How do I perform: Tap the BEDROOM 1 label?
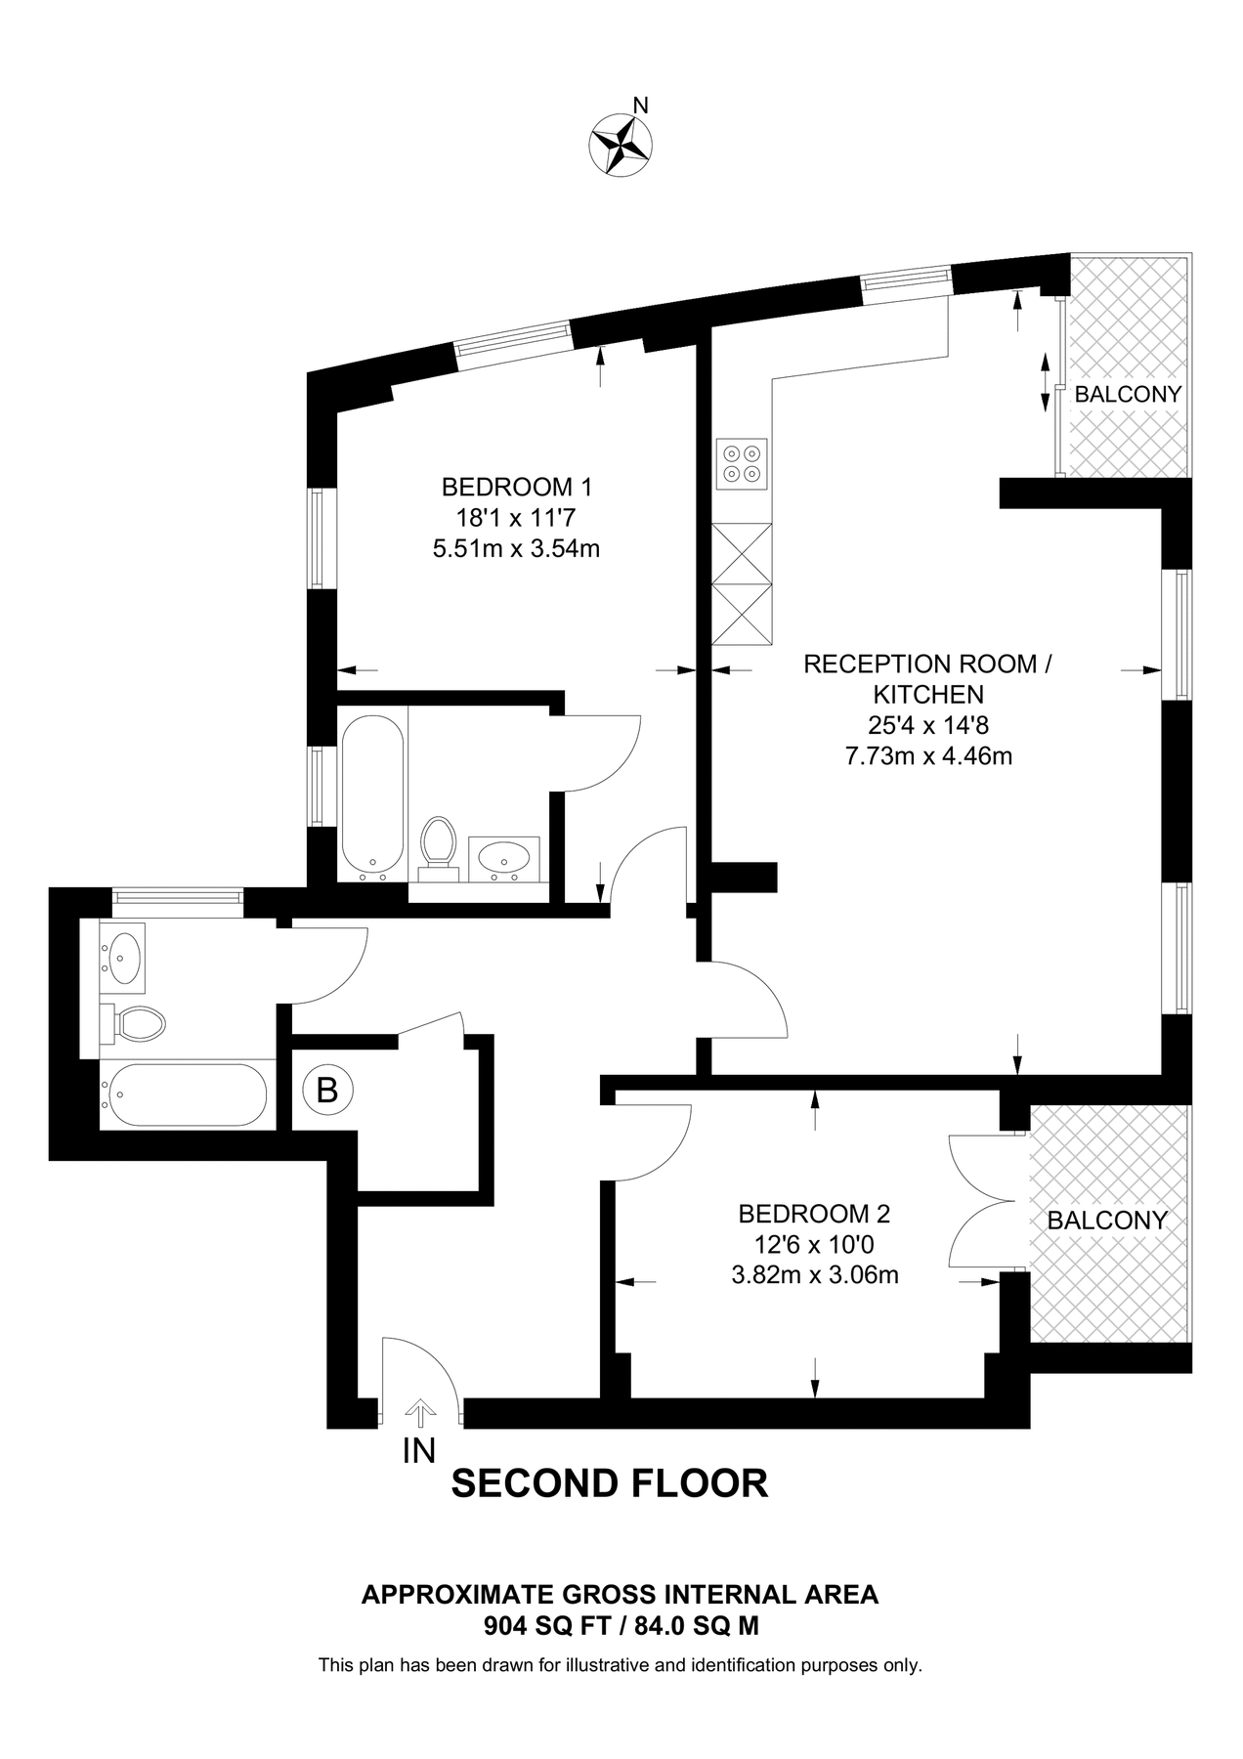[516, 487]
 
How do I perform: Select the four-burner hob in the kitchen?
[742, 463]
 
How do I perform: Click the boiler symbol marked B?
[327, 1089]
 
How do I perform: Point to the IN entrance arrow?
[421, 1413]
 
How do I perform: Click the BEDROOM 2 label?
[814, 1214]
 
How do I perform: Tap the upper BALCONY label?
[1128, 395]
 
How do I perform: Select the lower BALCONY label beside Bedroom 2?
[1107, 1221]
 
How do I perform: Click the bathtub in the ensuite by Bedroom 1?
[371, 795]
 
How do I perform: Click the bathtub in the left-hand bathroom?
[186, 1094]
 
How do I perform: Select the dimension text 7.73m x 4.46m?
[927, 755]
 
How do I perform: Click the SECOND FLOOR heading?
[609, 1482]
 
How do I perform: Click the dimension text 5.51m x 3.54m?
[516, 549]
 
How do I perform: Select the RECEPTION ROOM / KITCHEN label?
[927, 679]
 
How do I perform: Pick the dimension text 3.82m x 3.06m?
[814, 1275]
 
